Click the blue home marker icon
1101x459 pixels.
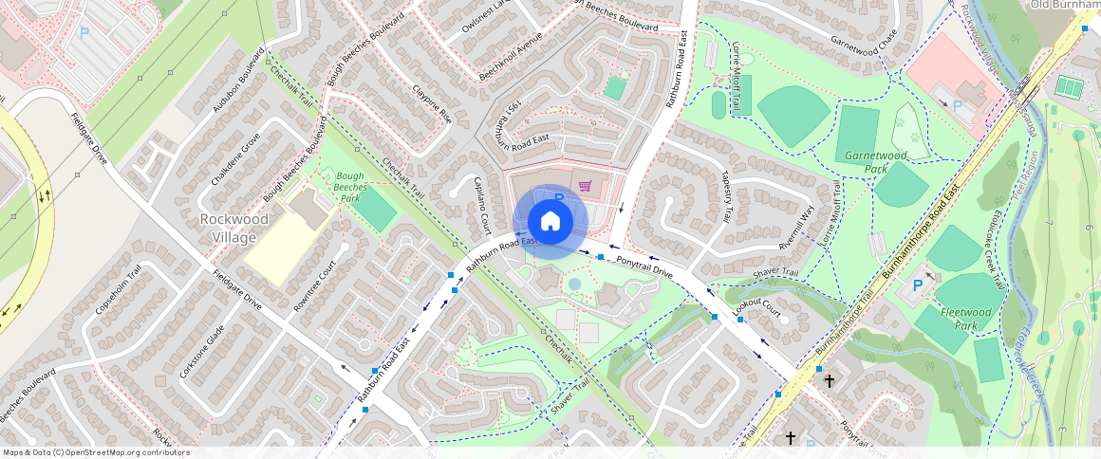(550, 221)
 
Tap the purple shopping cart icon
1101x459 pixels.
(586, 186)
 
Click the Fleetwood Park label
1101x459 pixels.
(959, 318)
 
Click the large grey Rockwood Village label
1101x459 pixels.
(228, 228)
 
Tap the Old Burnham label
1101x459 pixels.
(1064, 5)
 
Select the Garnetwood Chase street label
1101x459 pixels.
(863, 42)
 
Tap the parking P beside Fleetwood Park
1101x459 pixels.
(918, 285)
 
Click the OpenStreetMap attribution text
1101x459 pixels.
(96, 452)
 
